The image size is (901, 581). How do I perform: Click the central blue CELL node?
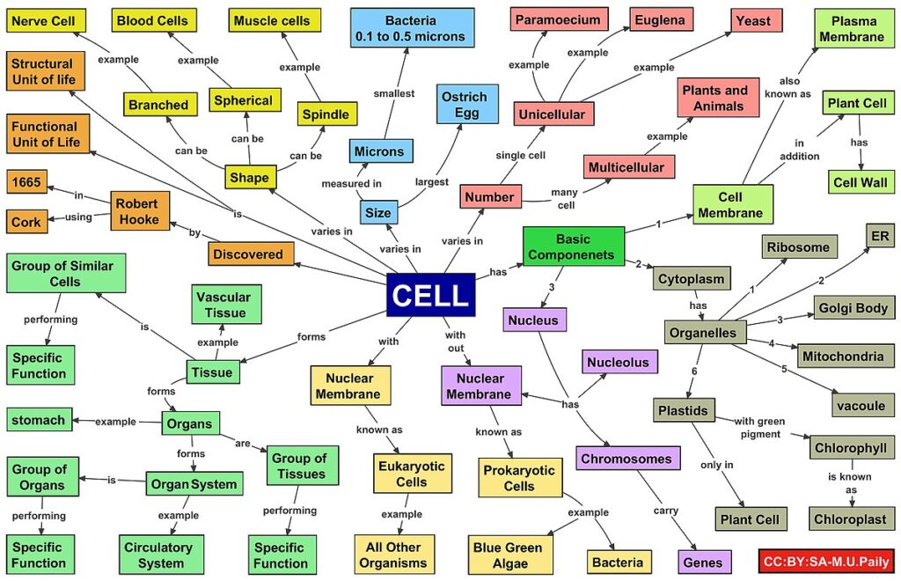(x=431, y=295)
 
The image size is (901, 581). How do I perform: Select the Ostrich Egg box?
(x=467, y=104)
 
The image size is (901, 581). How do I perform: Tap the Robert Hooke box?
(x=140, y=211)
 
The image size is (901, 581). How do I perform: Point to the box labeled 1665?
(x=27, y=182)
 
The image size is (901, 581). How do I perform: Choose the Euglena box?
(x=661, y=20)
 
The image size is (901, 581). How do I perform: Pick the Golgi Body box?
(x=853, y=308)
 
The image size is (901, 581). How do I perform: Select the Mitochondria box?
(x=845, y=357)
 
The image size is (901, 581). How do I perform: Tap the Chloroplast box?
(x=851, y=518)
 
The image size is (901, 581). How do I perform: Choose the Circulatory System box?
(x=161, y=555)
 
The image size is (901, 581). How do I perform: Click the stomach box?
(x=39, y=420)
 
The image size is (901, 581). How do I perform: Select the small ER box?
(x=880, y=236)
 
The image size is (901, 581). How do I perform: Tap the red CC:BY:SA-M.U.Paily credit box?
(x=826, y=561)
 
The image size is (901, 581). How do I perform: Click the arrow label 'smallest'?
(x=394, y=93)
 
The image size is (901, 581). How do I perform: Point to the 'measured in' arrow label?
(x=352, y=183)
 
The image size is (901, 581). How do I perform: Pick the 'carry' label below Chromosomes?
(x=666, y=511)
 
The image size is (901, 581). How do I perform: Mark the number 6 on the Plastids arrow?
(x=694, y=371)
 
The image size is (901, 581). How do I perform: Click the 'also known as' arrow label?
(x=787, y=87)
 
